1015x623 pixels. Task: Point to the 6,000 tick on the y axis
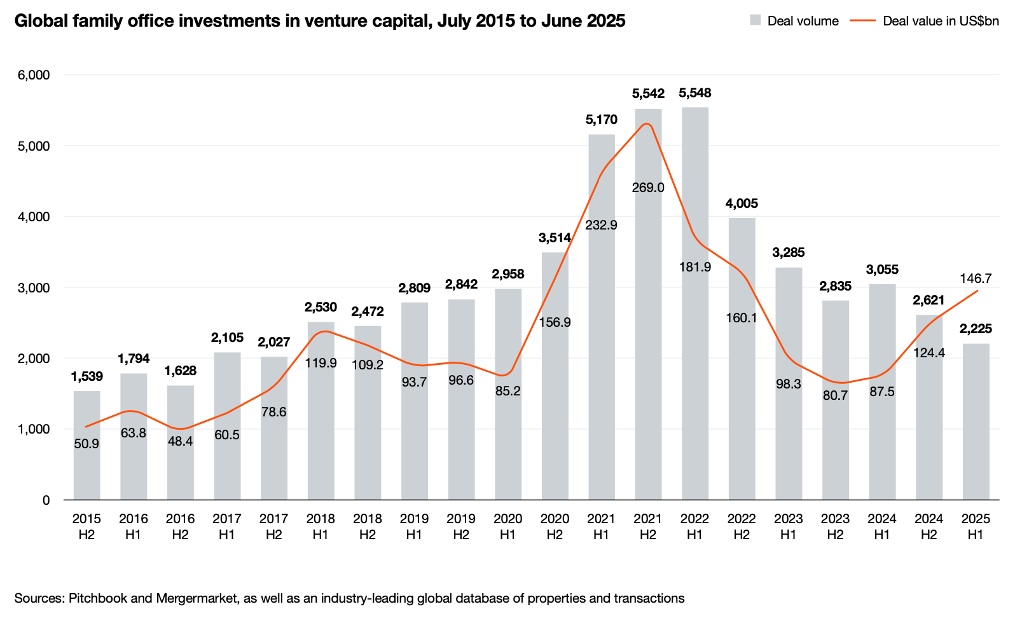34,75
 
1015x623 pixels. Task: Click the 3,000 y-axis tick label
34,287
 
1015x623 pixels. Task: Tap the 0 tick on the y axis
46,500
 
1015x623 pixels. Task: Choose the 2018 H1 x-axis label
321,526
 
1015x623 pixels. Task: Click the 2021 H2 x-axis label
647,526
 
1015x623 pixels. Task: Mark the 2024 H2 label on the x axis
929,526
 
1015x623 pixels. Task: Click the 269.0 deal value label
648,188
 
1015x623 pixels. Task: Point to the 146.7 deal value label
976,278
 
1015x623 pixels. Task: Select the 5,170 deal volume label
601,120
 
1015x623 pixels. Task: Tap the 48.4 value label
180,441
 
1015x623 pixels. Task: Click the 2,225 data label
976,329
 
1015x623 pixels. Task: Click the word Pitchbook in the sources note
97,598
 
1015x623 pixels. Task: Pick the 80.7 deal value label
835,395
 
